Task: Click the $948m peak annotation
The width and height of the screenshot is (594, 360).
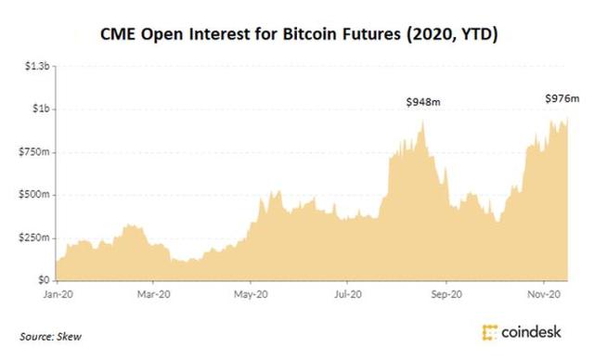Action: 423,101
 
